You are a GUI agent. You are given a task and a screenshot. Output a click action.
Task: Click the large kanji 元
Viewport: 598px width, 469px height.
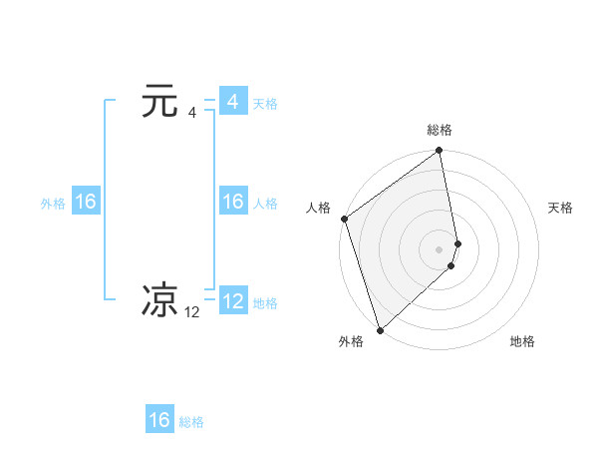[159, 102]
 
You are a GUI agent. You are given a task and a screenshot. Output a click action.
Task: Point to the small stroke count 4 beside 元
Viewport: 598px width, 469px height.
[192, 113]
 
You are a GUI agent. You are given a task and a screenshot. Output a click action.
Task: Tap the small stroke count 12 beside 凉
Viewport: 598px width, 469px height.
[192, 312]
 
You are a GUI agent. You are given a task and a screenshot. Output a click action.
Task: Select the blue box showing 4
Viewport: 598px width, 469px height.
[232, 102]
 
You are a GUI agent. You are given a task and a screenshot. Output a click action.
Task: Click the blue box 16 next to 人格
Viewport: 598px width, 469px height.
[232, 202]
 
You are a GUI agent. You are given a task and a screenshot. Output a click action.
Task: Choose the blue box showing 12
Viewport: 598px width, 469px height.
[232, 301]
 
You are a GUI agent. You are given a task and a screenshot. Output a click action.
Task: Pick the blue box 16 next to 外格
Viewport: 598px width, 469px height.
[85, 202]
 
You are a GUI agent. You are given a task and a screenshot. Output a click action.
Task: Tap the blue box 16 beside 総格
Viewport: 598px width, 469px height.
[159, 420]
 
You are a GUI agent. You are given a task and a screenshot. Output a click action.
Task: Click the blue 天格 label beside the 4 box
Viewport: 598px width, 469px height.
[265, 104]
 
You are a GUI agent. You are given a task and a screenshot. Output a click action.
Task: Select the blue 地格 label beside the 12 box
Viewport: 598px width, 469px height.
[265, 303]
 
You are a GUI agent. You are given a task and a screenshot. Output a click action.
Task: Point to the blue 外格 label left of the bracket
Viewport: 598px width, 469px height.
[53, 204]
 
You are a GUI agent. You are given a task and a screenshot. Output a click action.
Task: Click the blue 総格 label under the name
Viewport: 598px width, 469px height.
[191, 422]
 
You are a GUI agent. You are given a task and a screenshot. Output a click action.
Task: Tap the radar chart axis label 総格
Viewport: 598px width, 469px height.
[440, 130]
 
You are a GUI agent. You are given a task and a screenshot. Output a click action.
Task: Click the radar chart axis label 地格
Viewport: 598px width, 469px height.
[522, 342]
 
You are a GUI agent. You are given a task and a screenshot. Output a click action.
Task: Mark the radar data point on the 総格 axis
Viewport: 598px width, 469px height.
[440, 152]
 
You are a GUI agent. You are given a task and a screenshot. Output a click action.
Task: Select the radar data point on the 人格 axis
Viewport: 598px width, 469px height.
[344, 219]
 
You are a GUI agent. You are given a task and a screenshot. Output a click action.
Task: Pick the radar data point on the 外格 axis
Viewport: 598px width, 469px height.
[380, 329]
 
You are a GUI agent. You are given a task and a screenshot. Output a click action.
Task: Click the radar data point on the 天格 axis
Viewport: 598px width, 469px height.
[457, 242]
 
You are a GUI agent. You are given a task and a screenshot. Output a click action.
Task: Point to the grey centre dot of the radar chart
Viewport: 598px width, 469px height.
[440, 248]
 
